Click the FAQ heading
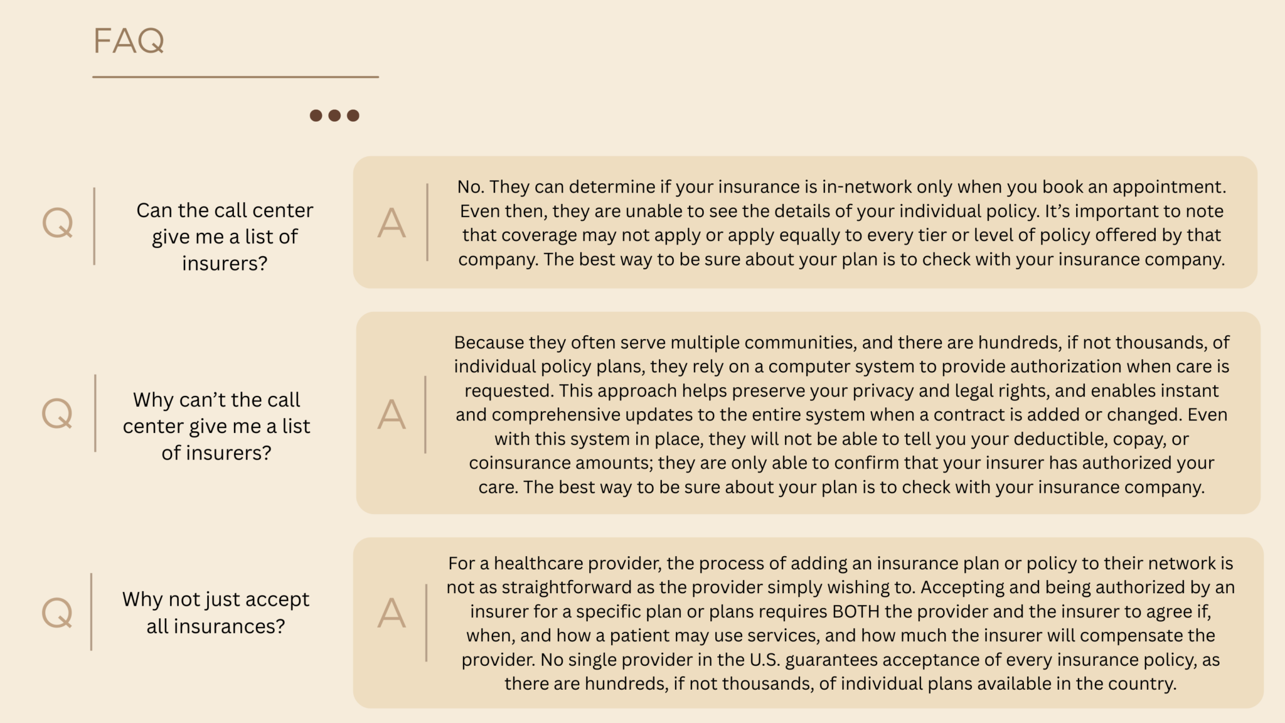click(x=129, y=41)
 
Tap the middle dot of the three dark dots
click(x=334, y=115)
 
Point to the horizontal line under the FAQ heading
click(x=235, y=77)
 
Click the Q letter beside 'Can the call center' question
click(x=58, y=223)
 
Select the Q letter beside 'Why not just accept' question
click(x=57, y=613)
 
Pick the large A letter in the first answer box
click(x=392, y=223)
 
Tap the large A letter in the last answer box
click(x=392, y=613)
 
